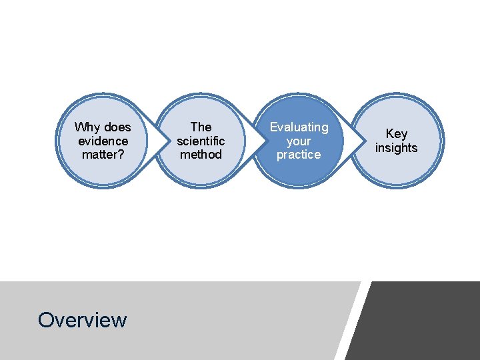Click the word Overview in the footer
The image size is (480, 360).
(82, 320)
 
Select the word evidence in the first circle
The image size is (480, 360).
(103, 141)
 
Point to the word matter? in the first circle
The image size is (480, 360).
(103, 155)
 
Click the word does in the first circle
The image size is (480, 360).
(117, 127)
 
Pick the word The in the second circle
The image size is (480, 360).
(201, 127)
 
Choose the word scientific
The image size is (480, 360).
(201, 141)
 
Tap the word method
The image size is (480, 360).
(201, 155)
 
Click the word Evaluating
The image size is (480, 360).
(299, 127)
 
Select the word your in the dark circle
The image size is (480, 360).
(299, 141)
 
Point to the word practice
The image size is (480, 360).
(299, 155)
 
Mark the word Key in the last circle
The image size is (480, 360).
(397, 134)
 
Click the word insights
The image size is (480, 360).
(397, 148)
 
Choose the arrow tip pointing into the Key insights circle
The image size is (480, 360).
(363, 141)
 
